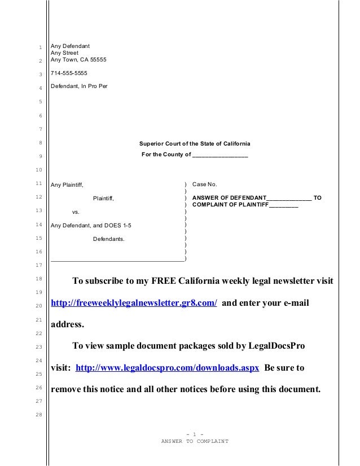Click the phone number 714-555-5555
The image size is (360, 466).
click(x=69, y=73)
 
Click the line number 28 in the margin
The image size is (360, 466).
click(x=38, y=415)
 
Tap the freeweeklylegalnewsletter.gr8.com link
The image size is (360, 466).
click(x=134, y=303)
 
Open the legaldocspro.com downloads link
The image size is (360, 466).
click(x=167, y=368)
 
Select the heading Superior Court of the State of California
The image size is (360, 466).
click(x=195, y=143)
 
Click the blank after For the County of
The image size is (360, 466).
click(x=219, y=155)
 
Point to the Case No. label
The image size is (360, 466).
click(x=205, y=184)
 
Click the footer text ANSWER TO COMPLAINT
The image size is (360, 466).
click(x=195, y=441)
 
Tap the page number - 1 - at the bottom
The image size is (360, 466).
click(x=195, y=433)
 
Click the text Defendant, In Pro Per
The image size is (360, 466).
click(x=79, y=87)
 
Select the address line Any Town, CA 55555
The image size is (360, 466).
click(x=78, y=60)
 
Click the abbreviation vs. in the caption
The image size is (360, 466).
click(x=75, y=212)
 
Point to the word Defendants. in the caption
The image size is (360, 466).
click(x=109, y=240)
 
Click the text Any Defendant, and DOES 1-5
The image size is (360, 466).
click(x=93, y=226)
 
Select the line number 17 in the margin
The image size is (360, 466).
click(x=38, y=265)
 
